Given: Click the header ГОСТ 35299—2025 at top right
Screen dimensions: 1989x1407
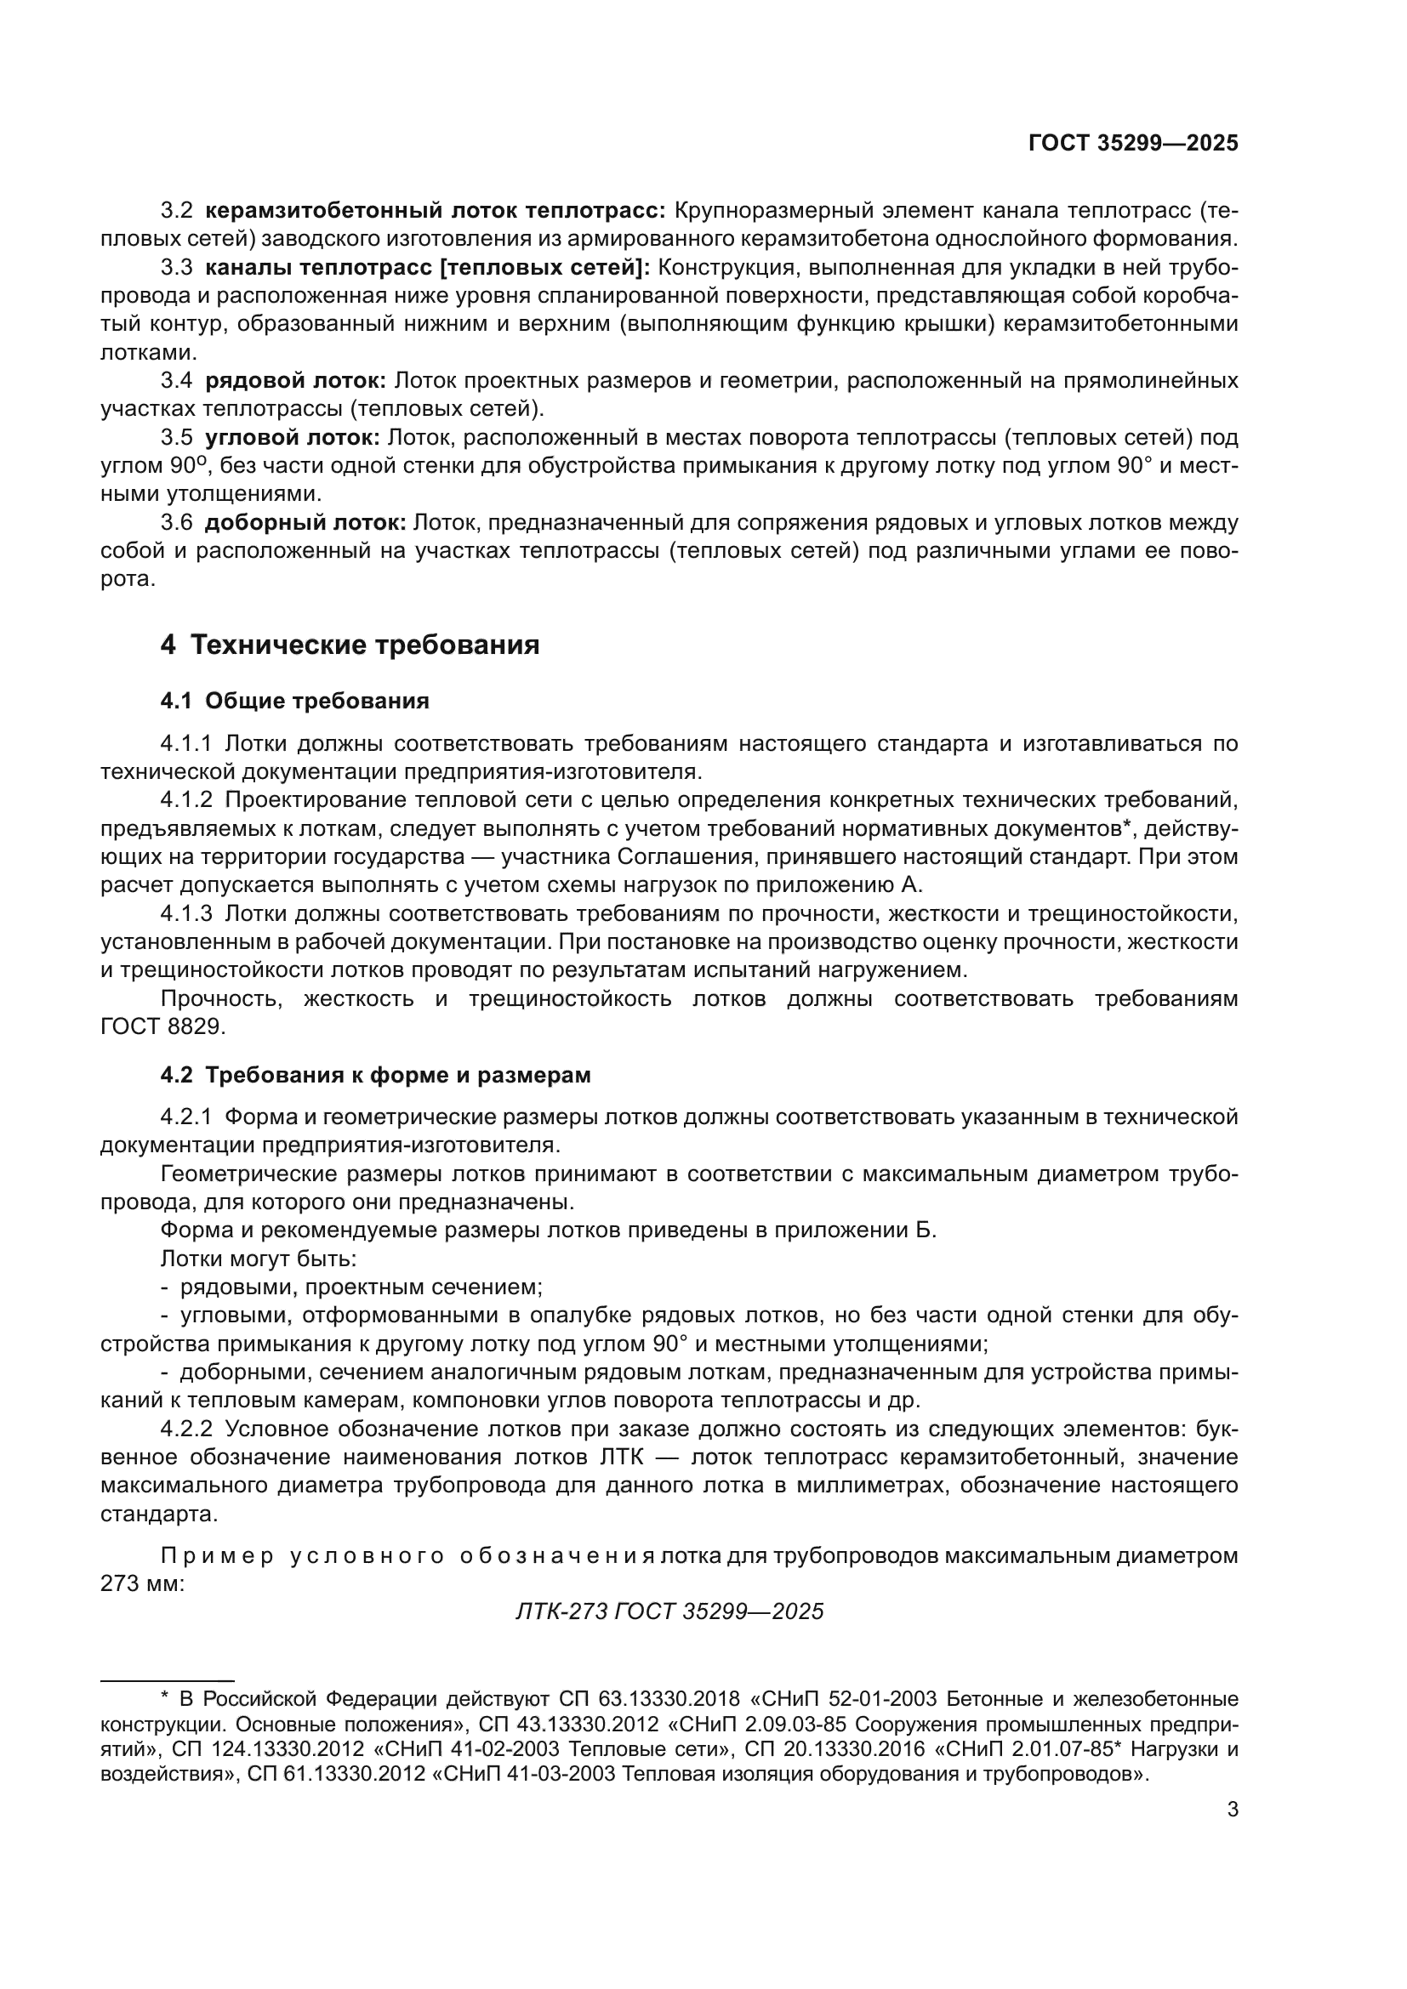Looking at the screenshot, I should click(x=1132, y=144).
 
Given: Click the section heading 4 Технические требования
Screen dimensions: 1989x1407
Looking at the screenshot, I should click(x=349, y=645).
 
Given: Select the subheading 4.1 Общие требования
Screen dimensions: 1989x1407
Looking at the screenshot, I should click(x=294, y=701).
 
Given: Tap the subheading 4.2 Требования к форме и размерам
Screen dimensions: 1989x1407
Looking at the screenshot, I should click(x=375, y=1075).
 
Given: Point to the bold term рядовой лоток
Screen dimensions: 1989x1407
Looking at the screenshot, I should click(x=295, y=380).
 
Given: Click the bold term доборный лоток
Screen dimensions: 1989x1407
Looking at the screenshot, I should click(x=305, y=522).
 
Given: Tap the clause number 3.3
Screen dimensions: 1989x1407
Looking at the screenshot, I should click(x=177, y=268).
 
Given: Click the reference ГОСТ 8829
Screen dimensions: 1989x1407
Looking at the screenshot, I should click(x=162, y=1027).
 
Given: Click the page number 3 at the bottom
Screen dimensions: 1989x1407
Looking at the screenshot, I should click(x=1233, y=1810).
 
